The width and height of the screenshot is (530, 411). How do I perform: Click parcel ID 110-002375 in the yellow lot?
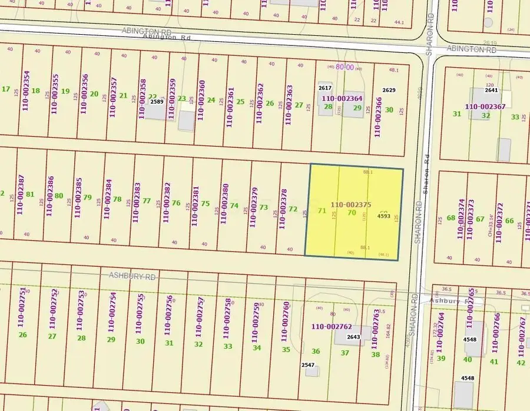point(350,204)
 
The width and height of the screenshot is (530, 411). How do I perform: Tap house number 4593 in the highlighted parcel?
point(384,216)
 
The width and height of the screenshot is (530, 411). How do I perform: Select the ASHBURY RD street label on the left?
point(132,276)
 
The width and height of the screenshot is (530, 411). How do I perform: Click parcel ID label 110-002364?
point(343,99)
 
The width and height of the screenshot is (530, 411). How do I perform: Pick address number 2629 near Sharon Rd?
point(389,90)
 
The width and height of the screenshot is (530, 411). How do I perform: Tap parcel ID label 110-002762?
point(332,326)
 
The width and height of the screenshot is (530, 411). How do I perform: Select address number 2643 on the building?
point(353,337)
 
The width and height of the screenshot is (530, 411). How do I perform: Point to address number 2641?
point(491,91)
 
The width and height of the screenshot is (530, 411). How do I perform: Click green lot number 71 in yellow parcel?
point(322,210)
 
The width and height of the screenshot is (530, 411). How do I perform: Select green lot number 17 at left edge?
point(6,90)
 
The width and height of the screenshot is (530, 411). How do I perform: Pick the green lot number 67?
point(480,219)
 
